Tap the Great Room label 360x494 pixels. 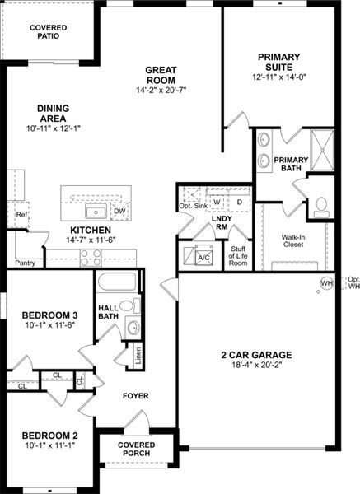pos(162,75)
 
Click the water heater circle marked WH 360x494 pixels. pos(326,283)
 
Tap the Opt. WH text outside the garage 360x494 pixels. pos(353,283)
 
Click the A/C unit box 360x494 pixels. pos(203,257)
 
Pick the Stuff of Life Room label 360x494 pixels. pos(238,258)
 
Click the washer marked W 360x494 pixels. pos(217,202)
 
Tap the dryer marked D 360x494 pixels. pos(240,202)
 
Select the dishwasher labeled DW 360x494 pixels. pos(119,212)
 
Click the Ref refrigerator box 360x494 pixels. pos(21,216)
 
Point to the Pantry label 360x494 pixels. pos(25,263)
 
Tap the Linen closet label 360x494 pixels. pos(138,357)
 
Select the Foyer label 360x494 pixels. pos(136,396)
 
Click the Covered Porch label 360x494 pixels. pos(136,450)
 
